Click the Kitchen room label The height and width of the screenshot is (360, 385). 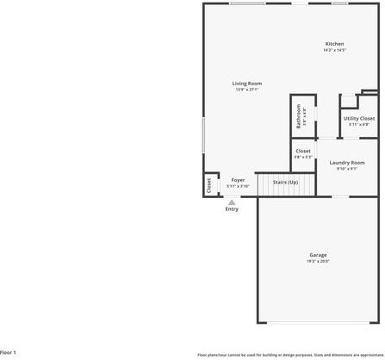(x=334, y=44)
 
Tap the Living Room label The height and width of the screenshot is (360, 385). (x=246, y=84)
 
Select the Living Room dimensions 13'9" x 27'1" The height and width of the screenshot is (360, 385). (x=246, y=90)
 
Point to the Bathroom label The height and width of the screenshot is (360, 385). (x=299, y=115)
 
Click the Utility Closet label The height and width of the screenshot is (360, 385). (x=358, y=119)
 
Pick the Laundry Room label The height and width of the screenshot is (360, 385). (x=347, y=162)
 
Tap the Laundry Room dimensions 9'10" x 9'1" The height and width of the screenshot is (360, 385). (x=347, y=168)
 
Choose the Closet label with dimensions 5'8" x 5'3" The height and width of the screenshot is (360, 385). (x=303, y=152)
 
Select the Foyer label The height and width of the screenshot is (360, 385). (x=238, y=180)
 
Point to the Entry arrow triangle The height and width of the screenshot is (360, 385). (x=232, y=202)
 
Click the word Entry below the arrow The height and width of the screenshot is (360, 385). (x=232, y=209)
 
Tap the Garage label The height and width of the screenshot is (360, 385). (x=318, y=255)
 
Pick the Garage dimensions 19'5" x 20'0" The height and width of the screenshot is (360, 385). (x=318, y=261)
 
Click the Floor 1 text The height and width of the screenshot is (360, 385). (x=9, y=352)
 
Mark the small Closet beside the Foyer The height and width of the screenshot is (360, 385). (x=208, y=185)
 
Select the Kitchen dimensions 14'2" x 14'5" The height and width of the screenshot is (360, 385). (x=334, y=50)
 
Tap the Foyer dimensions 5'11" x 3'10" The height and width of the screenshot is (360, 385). (x=238, y=186)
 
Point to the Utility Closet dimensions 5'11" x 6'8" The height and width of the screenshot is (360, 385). (x=358, y=125)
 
